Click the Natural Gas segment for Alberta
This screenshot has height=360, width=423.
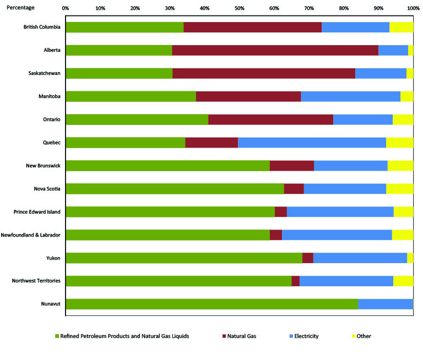pos(275,50)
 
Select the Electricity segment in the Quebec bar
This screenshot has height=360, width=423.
pos(312,143)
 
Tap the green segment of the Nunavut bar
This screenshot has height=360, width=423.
pos(211,304)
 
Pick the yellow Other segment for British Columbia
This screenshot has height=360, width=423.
pos(401,27)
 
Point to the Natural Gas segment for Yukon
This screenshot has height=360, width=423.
pos(307,258)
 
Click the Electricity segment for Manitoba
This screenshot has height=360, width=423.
pos(350,96)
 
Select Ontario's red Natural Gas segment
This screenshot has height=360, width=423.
pos(270,119)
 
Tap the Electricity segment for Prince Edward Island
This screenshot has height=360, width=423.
pos(340,212)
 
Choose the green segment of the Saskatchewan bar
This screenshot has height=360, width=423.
pos(119,73)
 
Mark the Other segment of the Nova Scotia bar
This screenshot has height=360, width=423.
pos(399,189)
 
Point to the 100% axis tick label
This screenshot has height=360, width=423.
pos(413,8)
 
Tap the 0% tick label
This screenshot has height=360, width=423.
pos(66,8)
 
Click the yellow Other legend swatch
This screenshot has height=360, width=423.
pos(353,336)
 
